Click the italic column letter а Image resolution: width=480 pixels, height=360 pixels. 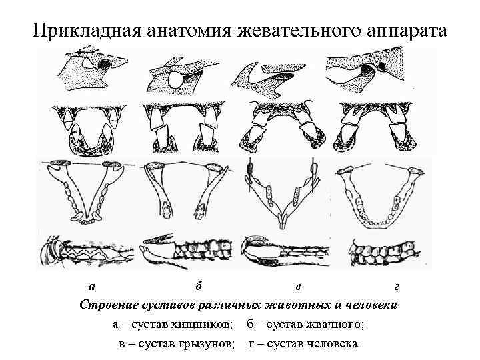(91, 287)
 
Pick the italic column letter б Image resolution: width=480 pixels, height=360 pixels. (198, 287)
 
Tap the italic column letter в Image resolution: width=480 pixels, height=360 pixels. (298, 287)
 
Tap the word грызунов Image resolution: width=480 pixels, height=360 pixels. (203, 344)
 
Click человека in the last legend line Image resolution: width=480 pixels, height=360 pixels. (330, 344)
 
